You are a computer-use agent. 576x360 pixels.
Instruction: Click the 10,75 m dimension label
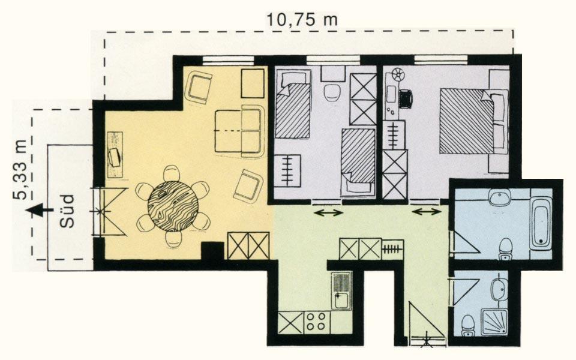[x=302, y=19]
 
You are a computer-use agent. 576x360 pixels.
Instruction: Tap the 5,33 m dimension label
[x=20, y=170]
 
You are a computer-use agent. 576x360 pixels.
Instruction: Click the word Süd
[x=67, y=211]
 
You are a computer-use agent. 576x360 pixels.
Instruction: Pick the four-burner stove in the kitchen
[x=317, y=322]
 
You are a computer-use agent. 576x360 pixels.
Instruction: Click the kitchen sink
[x=341, y=291]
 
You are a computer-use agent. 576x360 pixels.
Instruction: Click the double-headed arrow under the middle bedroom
[x=328, y=212]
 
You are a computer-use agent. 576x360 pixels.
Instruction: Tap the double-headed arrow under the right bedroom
[x=427, y=212]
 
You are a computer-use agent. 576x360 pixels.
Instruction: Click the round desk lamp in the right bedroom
[x=397, y=74]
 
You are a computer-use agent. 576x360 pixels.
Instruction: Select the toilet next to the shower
[x=467, y=325]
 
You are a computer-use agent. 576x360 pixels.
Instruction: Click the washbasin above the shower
[x=499, y=289]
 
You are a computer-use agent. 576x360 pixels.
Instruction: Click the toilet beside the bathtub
[x=506, y=248]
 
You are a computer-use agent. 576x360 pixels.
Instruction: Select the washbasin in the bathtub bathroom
[x=499, y=199]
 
